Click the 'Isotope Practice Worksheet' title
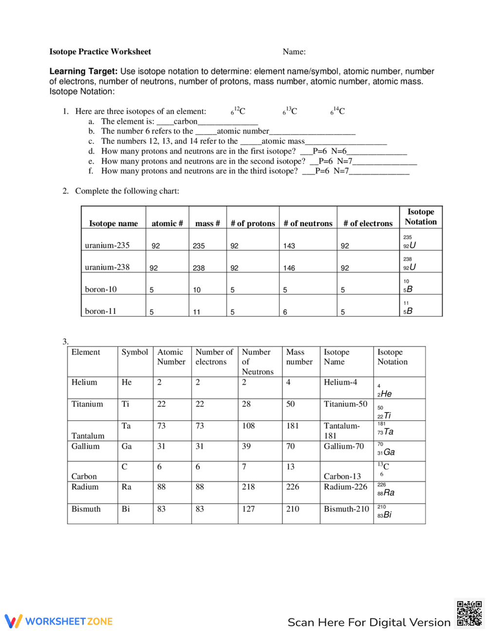100,52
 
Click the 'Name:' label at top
294,52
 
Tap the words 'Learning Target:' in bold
83,71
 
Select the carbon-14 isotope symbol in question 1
337,111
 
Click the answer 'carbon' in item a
186,121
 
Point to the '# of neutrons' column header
308,223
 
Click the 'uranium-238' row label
107,267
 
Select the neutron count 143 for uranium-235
289,246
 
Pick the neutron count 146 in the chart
289,268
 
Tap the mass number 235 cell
199,246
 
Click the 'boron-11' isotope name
101,311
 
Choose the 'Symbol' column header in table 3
135,352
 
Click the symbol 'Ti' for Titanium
126,404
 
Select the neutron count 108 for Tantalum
248,426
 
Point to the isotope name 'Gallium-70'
344,446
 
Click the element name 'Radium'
85,487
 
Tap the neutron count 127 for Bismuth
248,509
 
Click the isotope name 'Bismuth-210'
346,509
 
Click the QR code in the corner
469,613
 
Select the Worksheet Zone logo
59,621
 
